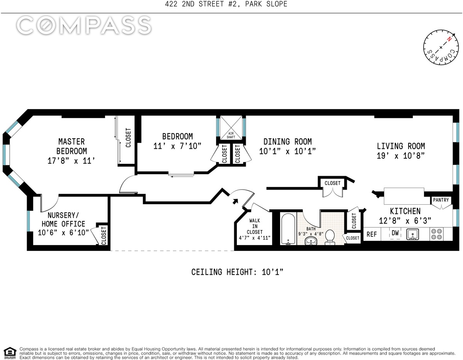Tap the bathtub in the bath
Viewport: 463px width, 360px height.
[288, 229]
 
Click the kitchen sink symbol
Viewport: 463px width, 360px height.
[412, 234]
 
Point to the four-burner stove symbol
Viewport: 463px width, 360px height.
[437, 234]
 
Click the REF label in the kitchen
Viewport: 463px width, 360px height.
[372, 234]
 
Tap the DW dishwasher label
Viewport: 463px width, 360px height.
[395, 233]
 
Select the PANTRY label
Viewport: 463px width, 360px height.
[441, 200]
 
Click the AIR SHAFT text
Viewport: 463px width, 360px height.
[231, 135]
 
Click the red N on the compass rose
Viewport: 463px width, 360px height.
[449, 39]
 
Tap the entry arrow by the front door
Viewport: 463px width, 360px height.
[235, 201]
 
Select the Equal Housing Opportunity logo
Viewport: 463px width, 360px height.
[10, 353]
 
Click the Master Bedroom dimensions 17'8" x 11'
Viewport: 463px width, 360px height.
[71, 161]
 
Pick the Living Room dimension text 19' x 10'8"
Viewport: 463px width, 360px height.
[401, 156]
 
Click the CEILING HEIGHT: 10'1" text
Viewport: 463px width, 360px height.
[237, 272]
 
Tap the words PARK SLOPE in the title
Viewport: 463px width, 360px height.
[266, 4]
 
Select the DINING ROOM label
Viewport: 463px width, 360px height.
[288, 141]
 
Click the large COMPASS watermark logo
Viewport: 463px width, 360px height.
[84, 25]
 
